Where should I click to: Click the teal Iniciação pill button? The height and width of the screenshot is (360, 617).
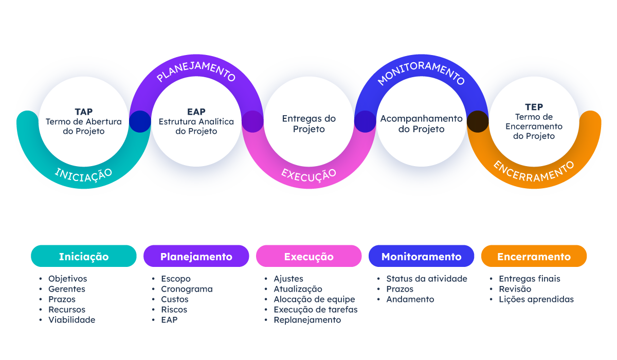point(84,256)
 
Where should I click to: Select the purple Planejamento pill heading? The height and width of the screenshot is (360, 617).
point(196,256)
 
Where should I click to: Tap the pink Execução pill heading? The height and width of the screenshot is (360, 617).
point(308,256)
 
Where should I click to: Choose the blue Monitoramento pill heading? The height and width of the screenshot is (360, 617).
point(421,256)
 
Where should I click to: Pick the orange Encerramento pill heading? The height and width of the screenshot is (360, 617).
point(534,256)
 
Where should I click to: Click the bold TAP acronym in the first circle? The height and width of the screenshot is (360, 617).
point(83,112)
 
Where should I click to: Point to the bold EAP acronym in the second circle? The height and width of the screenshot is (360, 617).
point(196,112)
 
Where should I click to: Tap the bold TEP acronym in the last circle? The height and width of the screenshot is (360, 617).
point(534,107)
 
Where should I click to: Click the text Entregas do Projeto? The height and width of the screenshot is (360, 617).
point(308,124)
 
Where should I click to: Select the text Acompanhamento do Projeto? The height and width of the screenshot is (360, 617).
point(421,124)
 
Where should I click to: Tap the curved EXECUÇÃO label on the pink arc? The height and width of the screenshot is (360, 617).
point(308,174)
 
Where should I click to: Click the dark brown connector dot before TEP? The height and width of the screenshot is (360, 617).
point(477,121)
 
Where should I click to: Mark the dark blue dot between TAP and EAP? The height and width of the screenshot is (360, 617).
point(140,121)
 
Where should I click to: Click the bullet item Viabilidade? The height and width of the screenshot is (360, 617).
point(71,320)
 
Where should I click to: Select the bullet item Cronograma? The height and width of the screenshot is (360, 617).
point(187,289)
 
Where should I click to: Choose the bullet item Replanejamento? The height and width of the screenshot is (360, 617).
point(307,320)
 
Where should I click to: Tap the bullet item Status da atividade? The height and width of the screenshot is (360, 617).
point(426,279)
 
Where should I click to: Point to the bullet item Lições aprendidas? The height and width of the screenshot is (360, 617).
point(536,299)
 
